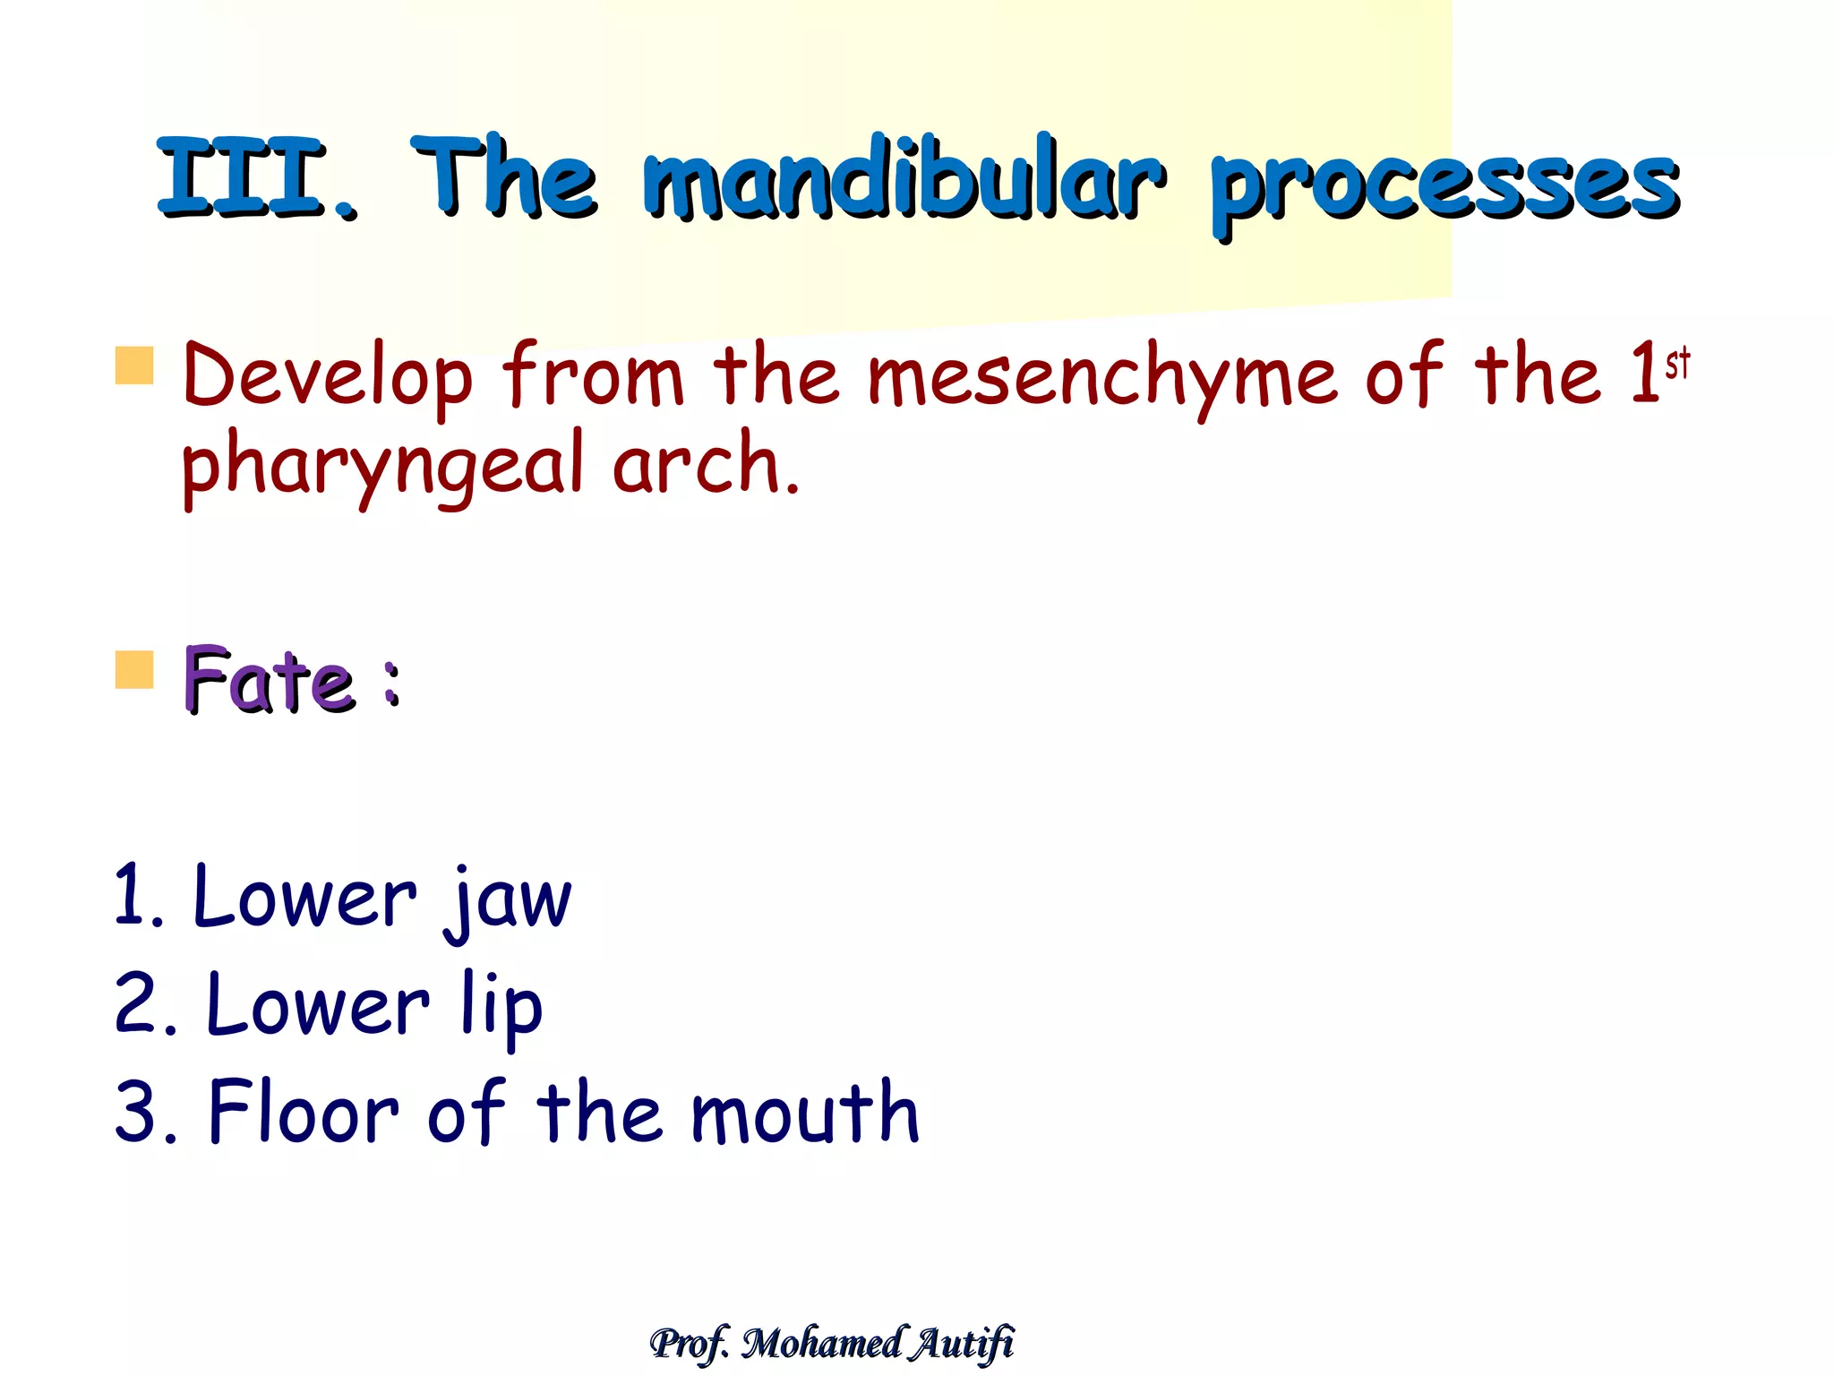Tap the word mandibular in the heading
point(904,179)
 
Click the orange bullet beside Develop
point(134,365)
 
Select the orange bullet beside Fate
point(134,670)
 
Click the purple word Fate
point(269,681)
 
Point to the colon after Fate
point(390,684)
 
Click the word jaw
point(509,900)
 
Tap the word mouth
point(804,1113)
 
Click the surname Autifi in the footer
point(963,1343)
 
